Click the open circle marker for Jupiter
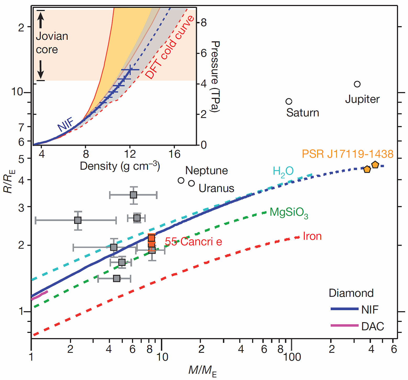click(x=357, y=84)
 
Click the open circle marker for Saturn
click(x=289, y=101)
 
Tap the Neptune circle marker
click(x=181, y=180)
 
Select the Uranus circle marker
click(x=192, y=183)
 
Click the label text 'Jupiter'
click(x=362, y=99)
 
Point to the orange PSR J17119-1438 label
click(x=347, y=154)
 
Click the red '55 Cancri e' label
click(x=193, y=242)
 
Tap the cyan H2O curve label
click(x=283, y=171)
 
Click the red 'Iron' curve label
click(x=312, y=236)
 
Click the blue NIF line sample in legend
click(x=344, y=309)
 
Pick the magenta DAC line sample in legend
click(x=344, y=325)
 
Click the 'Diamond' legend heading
click(x=351, y=293)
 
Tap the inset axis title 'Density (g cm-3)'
click(x=120, y=166)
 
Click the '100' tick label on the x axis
click(x=292, y=357)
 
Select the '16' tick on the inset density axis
click(x=174, y=154)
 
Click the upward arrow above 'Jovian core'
click(x=41, y=20)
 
